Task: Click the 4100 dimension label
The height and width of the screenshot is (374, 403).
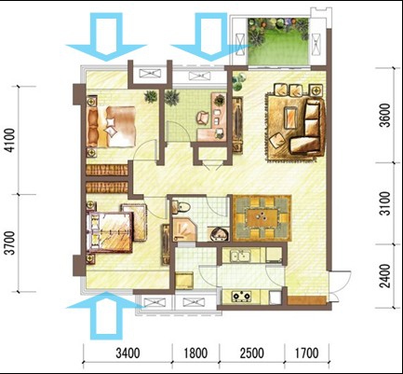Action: coord(10,141)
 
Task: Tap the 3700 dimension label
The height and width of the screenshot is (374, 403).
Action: coord(10,243)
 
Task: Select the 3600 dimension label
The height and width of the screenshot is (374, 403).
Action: coord(385,116)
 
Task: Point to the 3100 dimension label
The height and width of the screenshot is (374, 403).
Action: coord(385,203)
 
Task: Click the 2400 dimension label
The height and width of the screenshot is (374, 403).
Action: coord(385,276)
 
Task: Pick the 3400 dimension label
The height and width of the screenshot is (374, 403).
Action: coord(128,353)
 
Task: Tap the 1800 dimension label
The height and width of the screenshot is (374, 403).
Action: coord(195,353)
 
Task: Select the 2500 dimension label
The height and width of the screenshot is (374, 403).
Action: coord(252,353)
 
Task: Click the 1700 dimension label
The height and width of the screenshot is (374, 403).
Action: coord(306,353)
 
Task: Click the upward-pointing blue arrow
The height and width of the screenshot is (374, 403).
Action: coord(106,314)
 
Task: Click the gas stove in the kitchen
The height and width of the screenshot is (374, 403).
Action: coord(241,296)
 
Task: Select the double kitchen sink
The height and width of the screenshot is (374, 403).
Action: coord(240,256)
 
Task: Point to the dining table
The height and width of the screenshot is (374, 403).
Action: coord(262,218)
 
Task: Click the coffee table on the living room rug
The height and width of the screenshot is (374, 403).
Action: coord(291,118)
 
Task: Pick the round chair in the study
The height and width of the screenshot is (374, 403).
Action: coord(203,118)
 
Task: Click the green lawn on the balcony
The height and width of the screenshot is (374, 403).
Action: coord(279,48)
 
